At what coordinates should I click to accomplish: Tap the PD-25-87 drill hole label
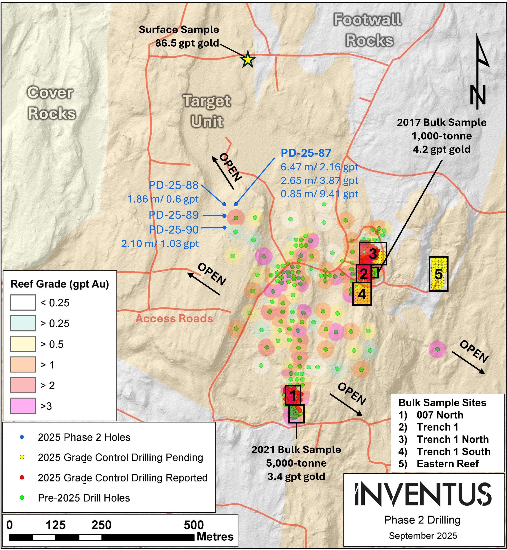tap(306, 153)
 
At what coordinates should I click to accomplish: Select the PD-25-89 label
tap(173, 215)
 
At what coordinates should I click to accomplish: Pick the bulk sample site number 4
tap(362, 294)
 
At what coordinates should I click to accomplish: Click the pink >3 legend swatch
tap(23, 406)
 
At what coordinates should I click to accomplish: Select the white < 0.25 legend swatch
tap(23, 302)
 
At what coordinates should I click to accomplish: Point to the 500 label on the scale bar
tap(194, 525)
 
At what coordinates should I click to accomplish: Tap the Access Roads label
tap(174, 319)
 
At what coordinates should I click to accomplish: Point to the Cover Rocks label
tap(51, 103)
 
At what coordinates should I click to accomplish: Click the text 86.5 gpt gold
tap(187, 43)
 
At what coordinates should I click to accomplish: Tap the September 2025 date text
tap(423, 536)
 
